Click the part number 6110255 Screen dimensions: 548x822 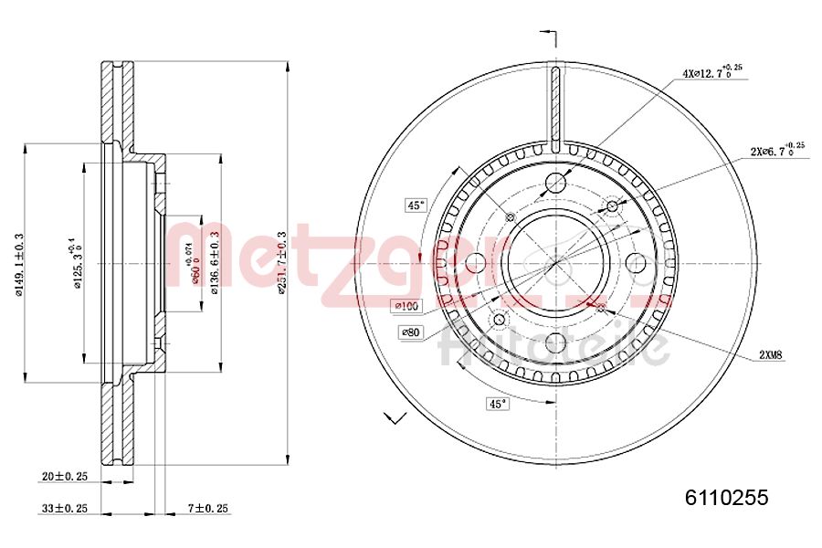point(726,498)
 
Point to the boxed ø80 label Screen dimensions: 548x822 point(410,332)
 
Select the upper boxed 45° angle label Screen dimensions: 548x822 point(416,205)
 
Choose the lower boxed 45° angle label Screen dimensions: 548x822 point(498,403)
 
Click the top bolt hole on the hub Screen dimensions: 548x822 point(555,183)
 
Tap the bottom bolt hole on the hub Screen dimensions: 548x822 point(555,342)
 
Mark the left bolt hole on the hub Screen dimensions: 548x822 point(476,263)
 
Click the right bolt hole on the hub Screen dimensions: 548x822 point(636,263)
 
